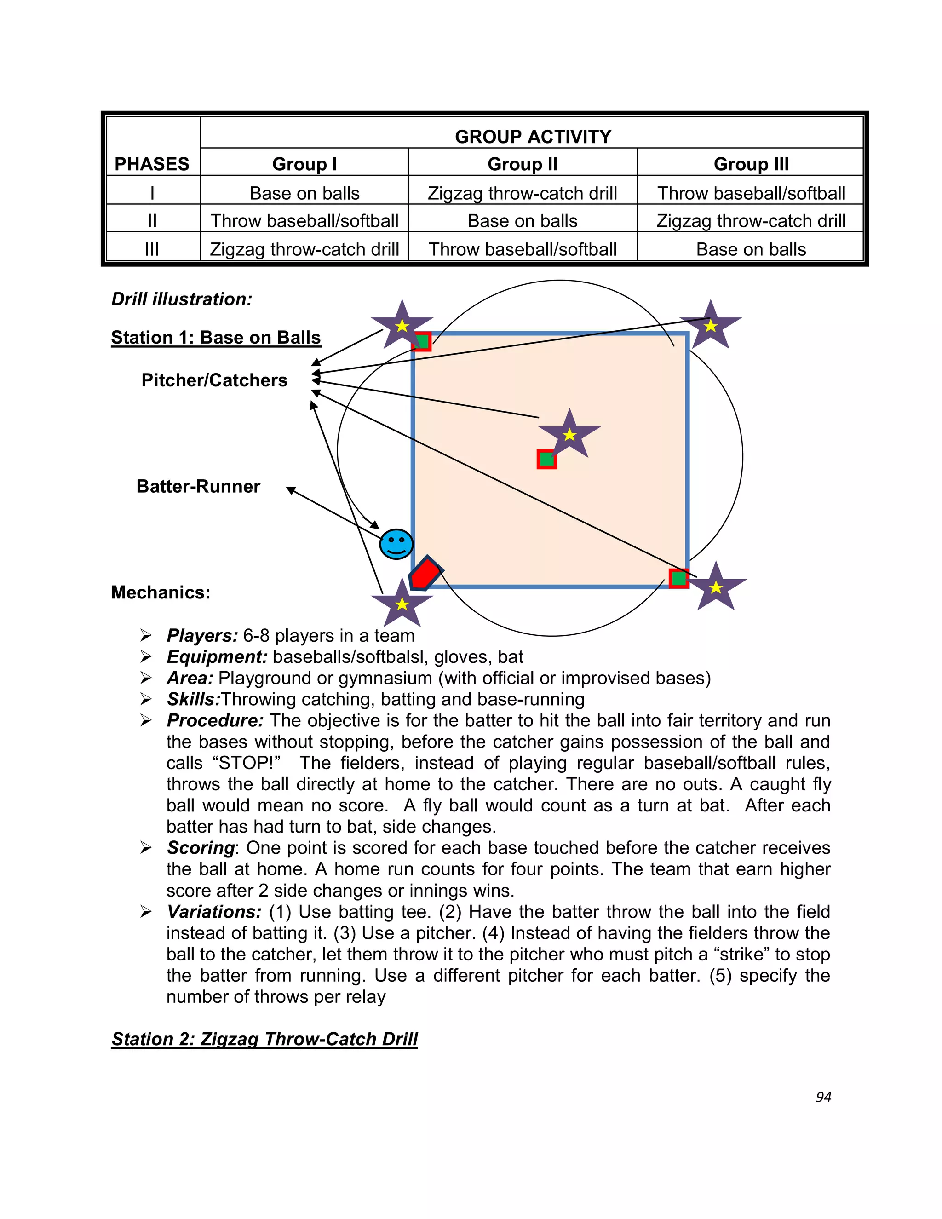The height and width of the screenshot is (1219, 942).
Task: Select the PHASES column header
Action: click(152, 164)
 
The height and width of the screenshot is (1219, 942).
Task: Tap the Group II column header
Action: click(523, 164)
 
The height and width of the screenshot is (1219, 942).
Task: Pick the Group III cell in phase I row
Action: click(751, 193)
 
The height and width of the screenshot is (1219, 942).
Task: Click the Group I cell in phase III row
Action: click(304, 249)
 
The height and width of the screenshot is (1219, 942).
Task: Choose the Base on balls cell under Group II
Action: click(523, 221)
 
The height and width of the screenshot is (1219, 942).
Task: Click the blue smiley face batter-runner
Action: click(396, 544)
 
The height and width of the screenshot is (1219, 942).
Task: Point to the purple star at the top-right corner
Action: click(710, 325)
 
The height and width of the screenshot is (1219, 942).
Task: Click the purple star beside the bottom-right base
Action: click(716, 587)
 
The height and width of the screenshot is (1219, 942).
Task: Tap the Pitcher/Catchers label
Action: click(214, 380)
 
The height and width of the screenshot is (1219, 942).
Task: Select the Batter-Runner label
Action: click(198, 486)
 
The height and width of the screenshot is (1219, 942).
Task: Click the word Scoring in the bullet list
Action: click(201, 848)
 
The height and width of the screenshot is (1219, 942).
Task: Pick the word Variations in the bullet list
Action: click(214, 912)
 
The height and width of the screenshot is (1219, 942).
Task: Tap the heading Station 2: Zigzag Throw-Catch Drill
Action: click(264, 1039)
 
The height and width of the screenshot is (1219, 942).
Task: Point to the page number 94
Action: click(823, 1097)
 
